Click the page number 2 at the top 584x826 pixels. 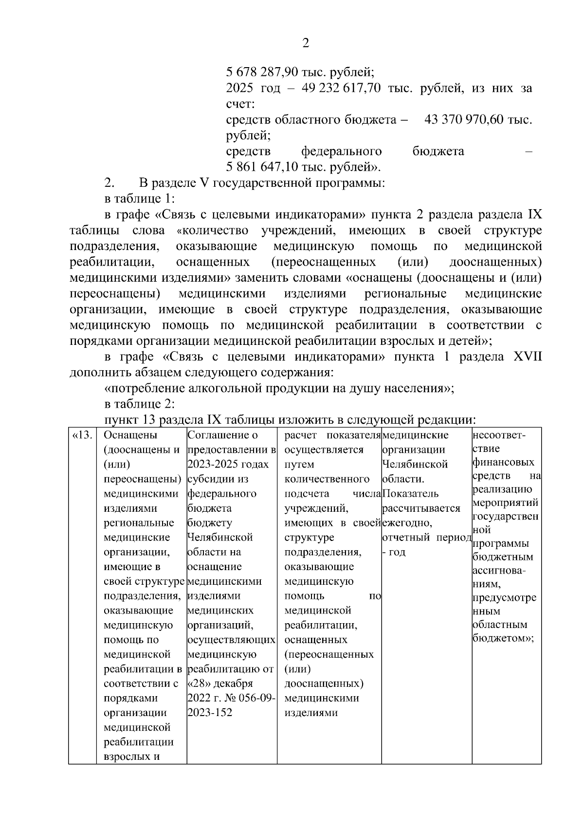point(306,43)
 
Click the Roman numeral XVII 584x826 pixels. point(528,357)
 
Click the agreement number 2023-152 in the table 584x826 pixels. point(210,713)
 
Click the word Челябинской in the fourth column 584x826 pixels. point(415,465)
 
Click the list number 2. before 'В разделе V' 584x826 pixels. point(109,183)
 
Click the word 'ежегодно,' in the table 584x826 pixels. point(407,523)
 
